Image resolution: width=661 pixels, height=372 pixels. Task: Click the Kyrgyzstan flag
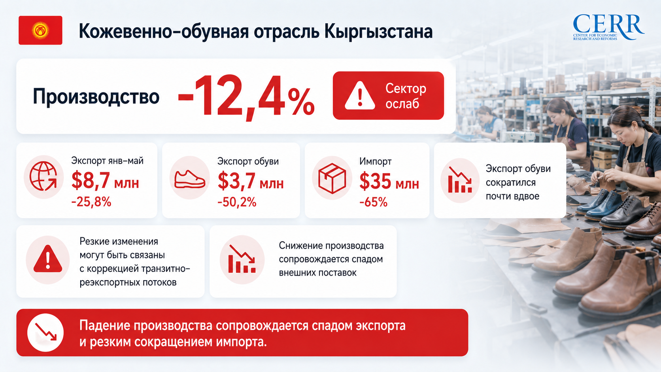40,30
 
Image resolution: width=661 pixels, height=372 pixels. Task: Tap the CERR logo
608,27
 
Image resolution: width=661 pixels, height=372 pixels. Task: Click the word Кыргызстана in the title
378,32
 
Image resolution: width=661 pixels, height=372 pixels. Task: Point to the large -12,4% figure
246,97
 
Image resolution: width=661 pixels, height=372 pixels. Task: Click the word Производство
96,97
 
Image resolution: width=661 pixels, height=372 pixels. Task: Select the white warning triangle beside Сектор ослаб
360,96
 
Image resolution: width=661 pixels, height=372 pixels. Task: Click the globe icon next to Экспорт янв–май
43,176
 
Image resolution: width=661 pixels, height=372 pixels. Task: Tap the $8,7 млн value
105,181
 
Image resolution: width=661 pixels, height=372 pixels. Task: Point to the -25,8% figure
91,202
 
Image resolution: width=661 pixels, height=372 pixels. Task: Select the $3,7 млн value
251,181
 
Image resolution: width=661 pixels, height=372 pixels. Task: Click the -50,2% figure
237,202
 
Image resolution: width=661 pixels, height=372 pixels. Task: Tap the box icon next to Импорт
332,178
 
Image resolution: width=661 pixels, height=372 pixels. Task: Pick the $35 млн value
389,181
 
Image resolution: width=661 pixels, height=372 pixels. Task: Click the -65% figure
373,202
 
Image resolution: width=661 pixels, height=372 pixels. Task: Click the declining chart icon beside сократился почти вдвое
460,179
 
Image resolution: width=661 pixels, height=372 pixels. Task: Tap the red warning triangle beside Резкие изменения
48,259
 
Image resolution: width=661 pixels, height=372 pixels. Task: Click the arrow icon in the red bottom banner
46,332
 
